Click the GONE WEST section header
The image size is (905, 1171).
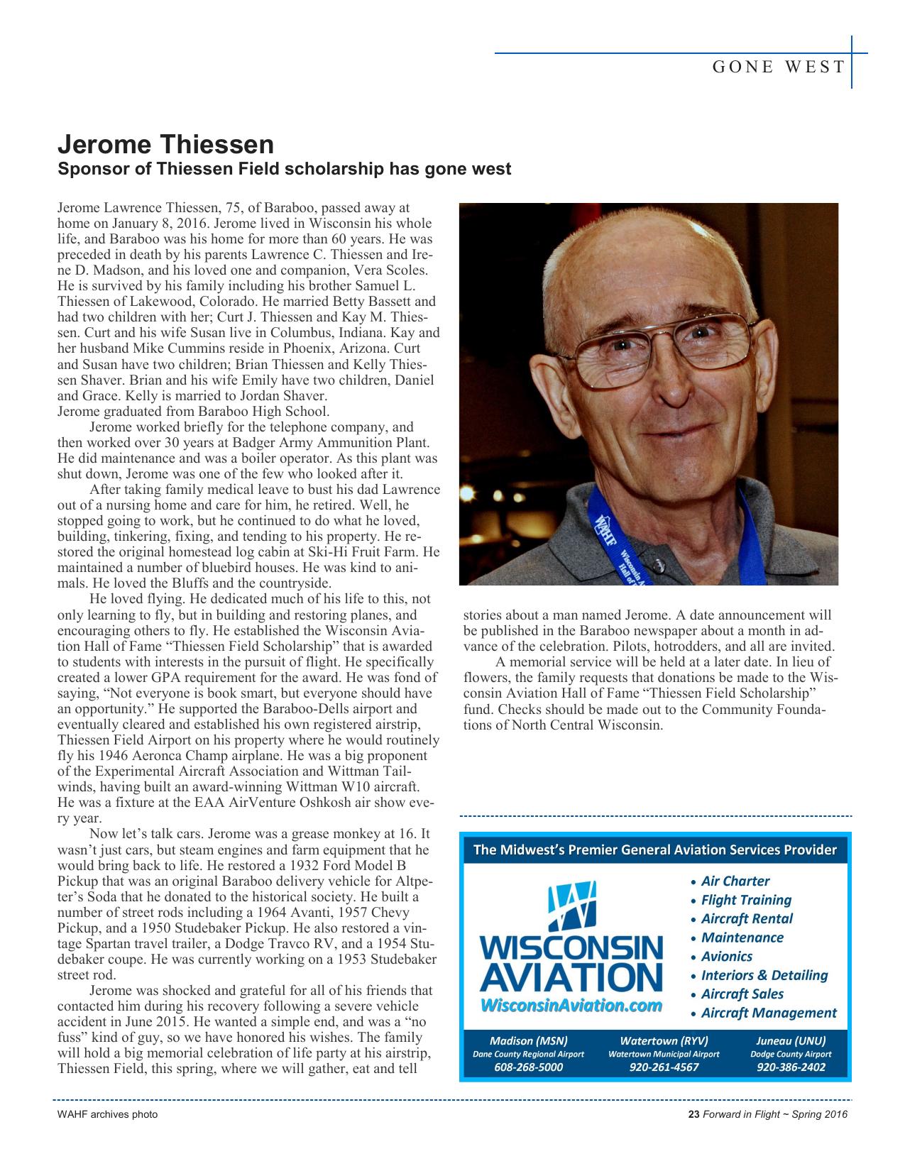[x=779, y=67]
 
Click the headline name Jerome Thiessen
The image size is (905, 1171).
[x=165, y=145]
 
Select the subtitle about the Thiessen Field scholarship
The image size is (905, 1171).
[x=284, y=170]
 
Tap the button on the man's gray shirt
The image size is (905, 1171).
[x=662, y=565]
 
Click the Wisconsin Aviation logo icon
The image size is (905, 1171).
[x=571, y=904]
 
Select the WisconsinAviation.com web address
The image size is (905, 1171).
[x=571, y=1006]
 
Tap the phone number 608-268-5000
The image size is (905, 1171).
[x=529, y=1067]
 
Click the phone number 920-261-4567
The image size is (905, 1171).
[x=664, y=1067]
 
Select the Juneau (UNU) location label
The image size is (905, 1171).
[x=791, y=1041]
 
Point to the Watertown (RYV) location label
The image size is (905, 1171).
[x=664, y=1041]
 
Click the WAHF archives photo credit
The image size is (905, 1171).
[x=107, y=1114]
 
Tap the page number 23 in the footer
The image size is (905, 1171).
[x=694, y=1114]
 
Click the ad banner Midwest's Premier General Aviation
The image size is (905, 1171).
[x=654, y=850]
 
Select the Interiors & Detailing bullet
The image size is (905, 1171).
[x=764, y=975]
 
